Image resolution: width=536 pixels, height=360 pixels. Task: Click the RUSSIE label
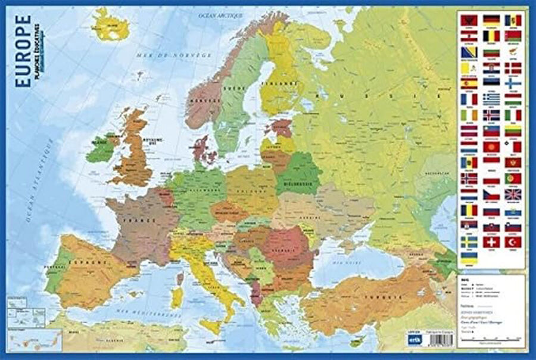coord(337,95)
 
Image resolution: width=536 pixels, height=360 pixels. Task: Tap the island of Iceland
coord(110,27)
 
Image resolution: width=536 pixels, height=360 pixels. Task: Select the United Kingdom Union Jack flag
coord(513,194)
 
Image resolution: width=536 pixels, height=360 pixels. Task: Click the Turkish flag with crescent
coord(513,243)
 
